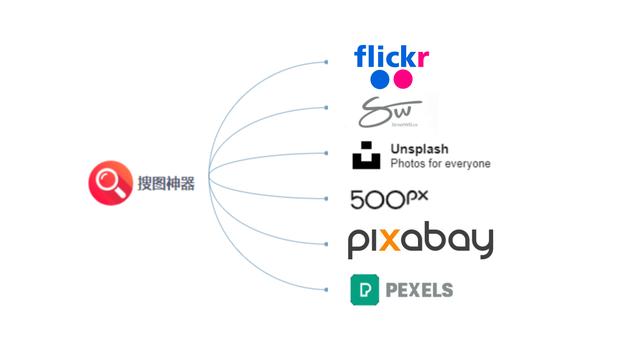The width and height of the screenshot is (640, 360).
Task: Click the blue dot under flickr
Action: click(x=379, y=79)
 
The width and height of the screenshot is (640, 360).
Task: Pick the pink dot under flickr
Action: click(x=403, y=79)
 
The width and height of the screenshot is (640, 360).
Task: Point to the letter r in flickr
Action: click(x=425, y=56)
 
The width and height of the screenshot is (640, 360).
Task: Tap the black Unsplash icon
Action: click(x=366, y=157)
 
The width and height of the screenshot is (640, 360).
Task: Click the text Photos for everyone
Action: click(x=440, y=164)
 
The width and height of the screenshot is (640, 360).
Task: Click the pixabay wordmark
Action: click(x=420, y=242)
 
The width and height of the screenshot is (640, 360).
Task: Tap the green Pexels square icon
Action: click(x=364, y=290)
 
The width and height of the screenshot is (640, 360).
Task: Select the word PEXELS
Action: click(x=418, y=290)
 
